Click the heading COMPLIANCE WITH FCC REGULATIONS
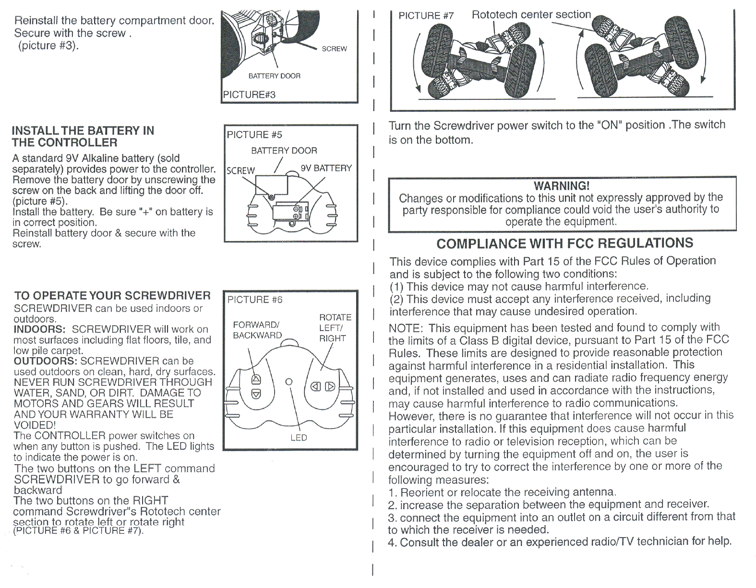point(564,243)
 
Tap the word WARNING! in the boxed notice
point(561,186)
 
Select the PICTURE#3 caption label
point(249,95)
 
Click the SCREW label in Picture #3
point(334,49)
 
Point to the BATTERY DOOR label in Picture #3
point(274,76)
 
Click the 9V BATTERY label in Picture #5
point(326,168)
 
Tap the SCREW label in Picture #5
point(240,171)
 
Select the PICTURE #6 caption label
point(255,300)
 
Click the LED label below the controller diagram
point(299,438)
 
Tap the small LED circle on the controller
point(289,382)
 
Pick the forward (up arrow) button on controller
point(256,380)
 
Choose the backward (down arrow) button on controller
point(256,394)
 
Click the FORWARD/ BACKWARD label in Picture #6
point(257,330)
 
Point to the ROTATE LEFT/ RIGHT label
point(335,328)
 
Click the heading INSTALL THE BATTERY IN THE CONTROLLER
point(83,136)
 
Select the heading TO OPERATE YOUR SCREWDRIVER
point(112,296)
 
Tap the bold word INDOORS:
point(39,329)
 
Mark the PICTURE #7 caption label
point(426,16)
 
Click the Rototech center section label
point(531,15)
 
